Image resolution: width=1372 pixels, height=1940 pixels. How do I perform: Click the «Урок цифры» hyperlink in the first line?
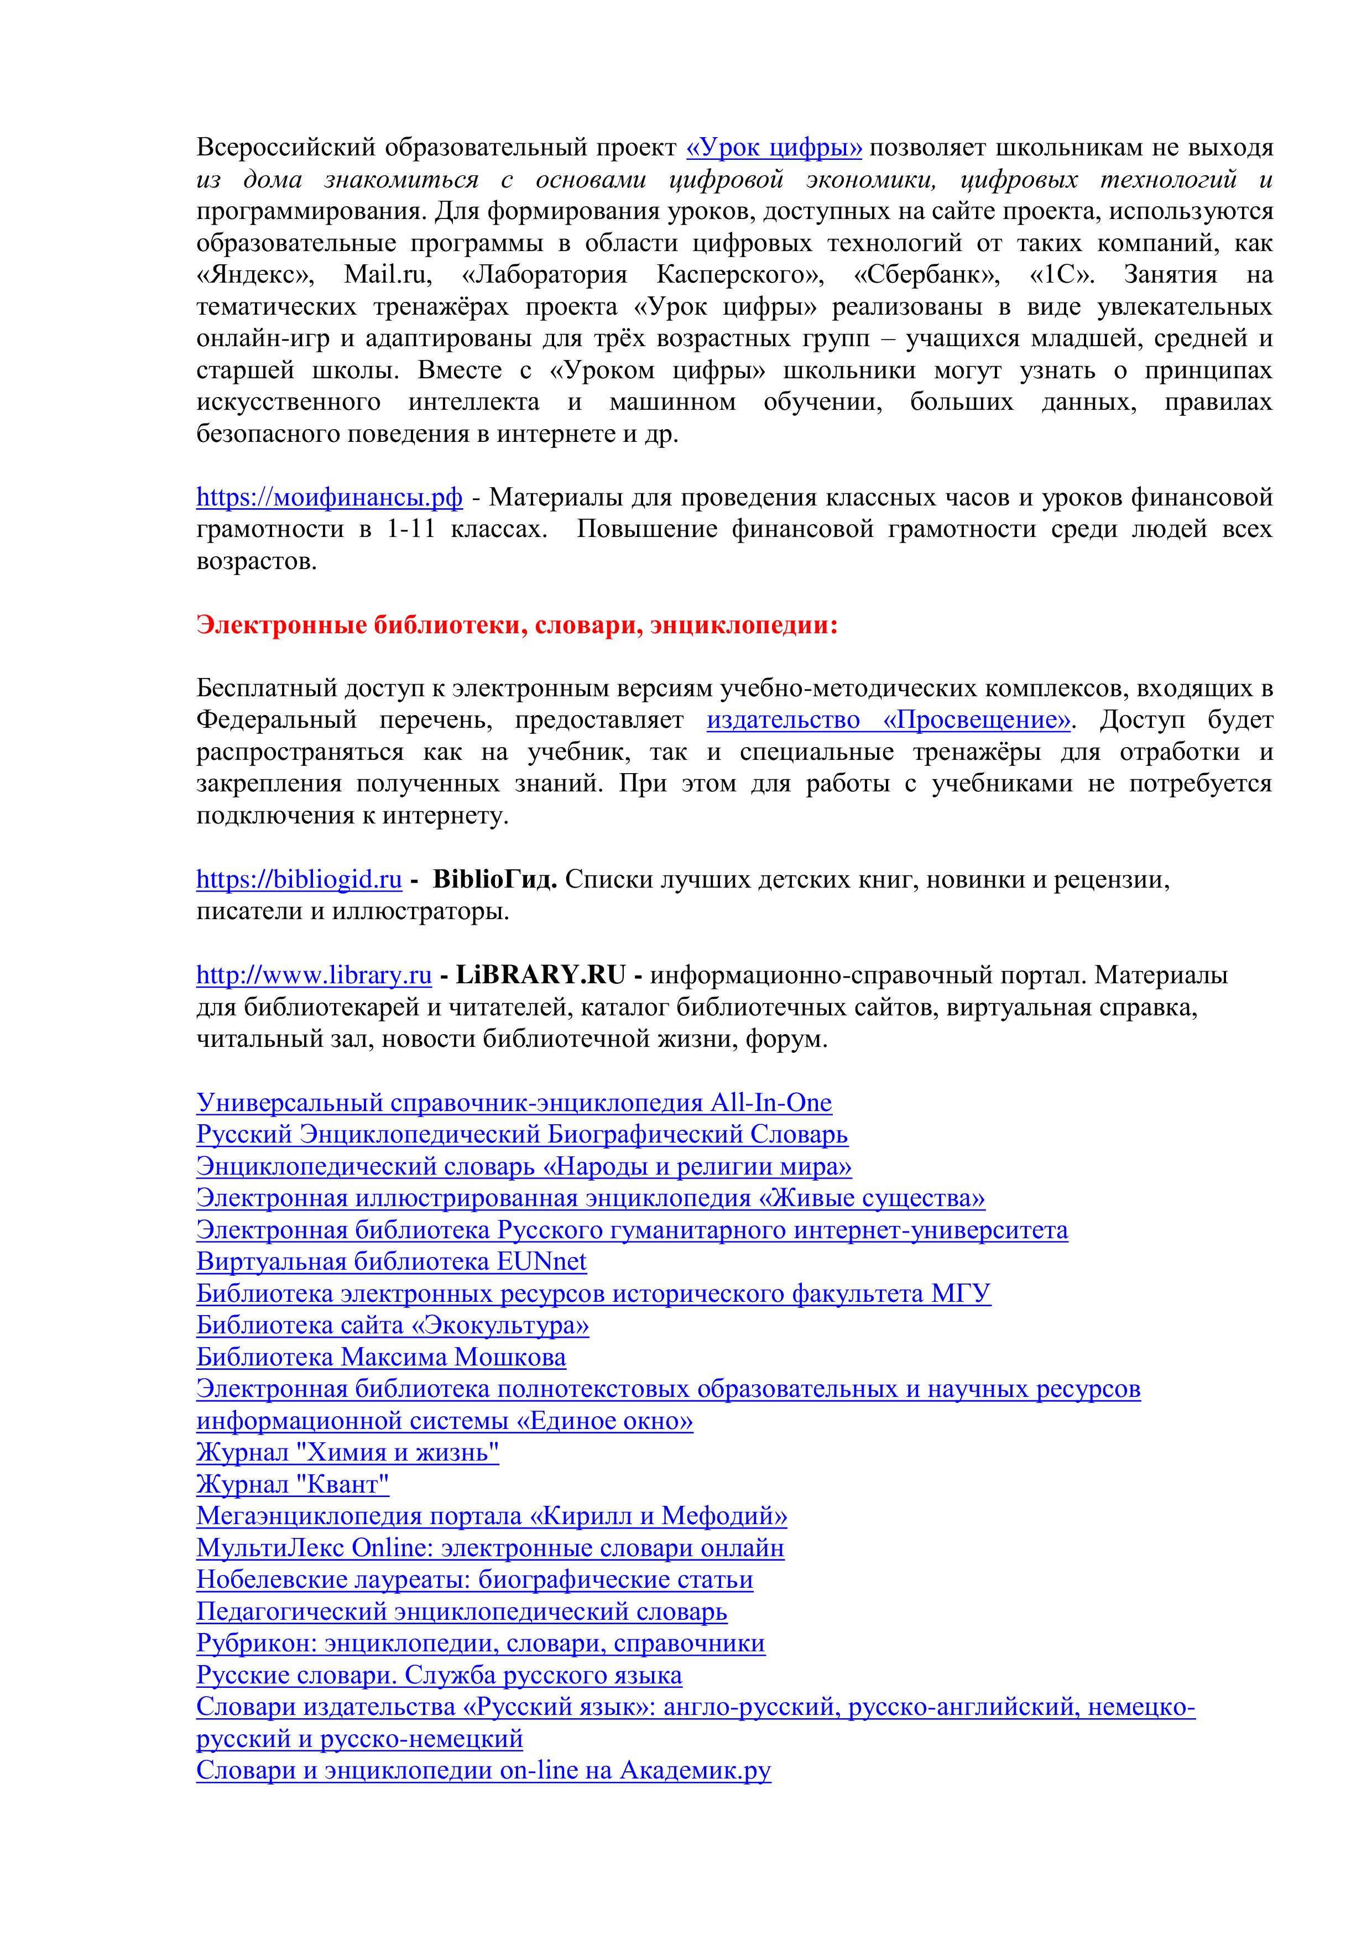774,148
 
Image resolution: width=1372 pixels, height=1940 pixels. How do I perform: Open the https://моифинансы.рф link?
330,498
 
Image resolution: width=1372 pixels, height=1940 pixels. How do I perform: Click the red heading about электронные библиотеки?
517,625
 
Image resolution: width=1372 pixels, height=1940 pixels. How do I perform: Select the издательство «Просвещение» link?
889,721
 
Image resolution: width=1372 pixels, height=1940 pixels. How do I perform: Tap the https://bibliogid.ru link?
299,880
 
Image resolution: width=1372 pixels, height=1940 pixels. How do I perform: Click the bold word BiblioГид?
495,880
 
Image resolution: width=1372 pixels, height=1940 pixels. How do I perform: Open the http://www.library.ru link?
314,975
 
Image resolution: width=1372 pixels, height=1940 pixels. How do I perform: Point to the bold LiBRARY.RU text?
541,975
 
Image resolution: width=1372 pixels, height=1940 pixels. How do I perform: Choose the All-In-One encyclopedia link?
514,1103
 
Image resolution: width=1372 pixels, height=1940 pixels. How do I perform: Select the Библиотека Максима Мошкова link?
381,1357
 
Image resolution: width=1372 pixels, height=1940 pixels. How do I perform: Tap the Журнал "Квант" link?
293,1484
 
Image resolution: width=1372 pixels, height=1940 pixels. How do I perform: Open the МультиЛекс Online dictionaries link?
490,1548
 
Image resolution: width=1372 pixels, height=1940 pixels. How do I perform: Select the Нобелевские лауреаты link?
475,1579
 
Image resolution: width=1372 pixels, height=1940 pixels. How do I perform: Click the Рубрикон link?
480,1644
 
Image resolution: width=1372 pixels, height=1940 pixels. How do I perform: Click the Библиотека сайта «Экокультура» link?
393,1325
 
